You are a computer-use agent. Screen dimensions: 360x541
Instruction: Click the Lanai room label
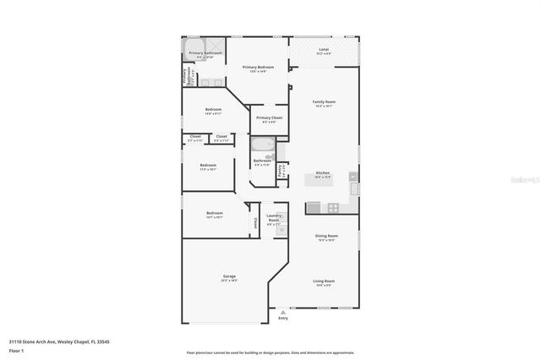click(x=324, y=50)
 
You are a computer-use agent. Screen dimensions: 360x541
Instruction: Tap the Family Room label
click(x=324, y=101)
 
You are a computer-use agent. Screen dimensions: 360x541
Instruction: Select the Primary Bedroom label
click(x=258, y=67)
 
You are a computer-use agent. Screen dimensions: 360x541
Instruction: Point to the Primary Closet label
click(x=269, y=117)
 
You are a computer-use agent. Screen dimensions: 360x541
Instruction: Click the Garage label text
click(x=228, y=275)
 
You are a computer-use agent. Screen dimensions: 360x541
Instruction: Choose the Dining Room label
click(x=326, y=236)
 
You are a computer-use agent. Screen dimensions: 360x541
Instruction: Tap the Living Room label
click(x=324, y=281)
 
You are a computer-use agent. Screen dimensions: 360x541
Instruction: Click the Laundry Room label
click(x=273, y=216)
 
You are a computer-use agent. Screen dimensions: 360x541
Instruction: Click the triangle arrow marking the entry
click(x=282, y=311)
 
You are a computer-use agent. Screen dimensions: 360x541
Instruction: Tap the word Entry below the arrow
click(x=282, y=319)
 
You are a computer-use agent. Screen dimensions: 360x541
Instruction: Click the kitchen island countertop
click(x=322, y=180)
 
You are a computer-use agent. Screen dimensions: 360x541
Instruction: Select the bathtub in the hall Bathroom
click(x=262, y=146)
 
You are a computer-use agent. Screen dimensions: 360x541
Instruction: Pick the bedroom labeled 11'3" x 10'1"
click(x=208, y=166)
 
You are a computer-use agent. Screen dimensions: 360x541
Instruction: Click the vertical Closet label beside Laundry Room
click(x=255, y=223)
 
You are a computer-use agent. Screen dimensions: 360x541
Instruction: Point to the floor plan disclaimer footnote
click(x=270, y=353)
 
